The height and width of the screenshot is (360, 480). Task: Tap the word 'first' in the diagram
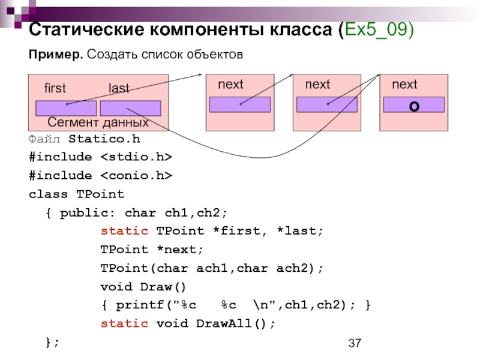(x=55, y=88)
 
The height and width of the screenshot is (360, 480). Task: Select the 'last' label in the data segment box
(x=119, y=88)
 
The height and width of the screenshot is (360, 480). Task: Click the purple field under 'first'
(x=66, y=109)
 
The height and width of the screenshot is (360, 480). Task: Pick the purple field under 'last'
(x=131, y=109)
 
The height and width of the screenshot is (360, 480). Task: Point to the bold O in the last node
(x=414, y=107)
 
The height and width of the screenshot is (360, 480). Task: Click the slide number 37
(x=355, y=343)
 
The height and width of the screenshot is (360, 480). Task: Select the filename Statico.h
(x=104, y=139)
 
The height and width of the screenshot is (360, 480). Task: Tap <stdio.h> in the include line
(x=136, y=157)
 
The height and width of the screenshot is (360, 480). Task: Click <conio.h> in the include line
(x=136, y=176)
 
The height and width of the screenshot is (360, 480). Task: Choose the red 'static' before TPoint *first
(x=124, y=231)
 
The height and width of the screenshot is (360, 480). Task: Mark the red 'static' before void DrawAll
(x=124, y=323)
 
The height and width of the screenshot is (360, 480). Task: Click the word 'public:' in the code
(x=87, y=213)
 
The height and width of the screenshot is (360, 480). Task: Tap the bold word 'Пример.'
(x=56, y=55)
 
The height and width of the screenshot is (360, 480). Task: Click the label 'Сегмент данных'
(x=98, y=122)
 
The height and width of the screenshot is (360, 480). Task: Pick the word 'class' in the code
(x=48, y=194)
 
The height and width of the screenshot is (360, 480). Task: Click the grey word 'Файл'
(x=44, y=139)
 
